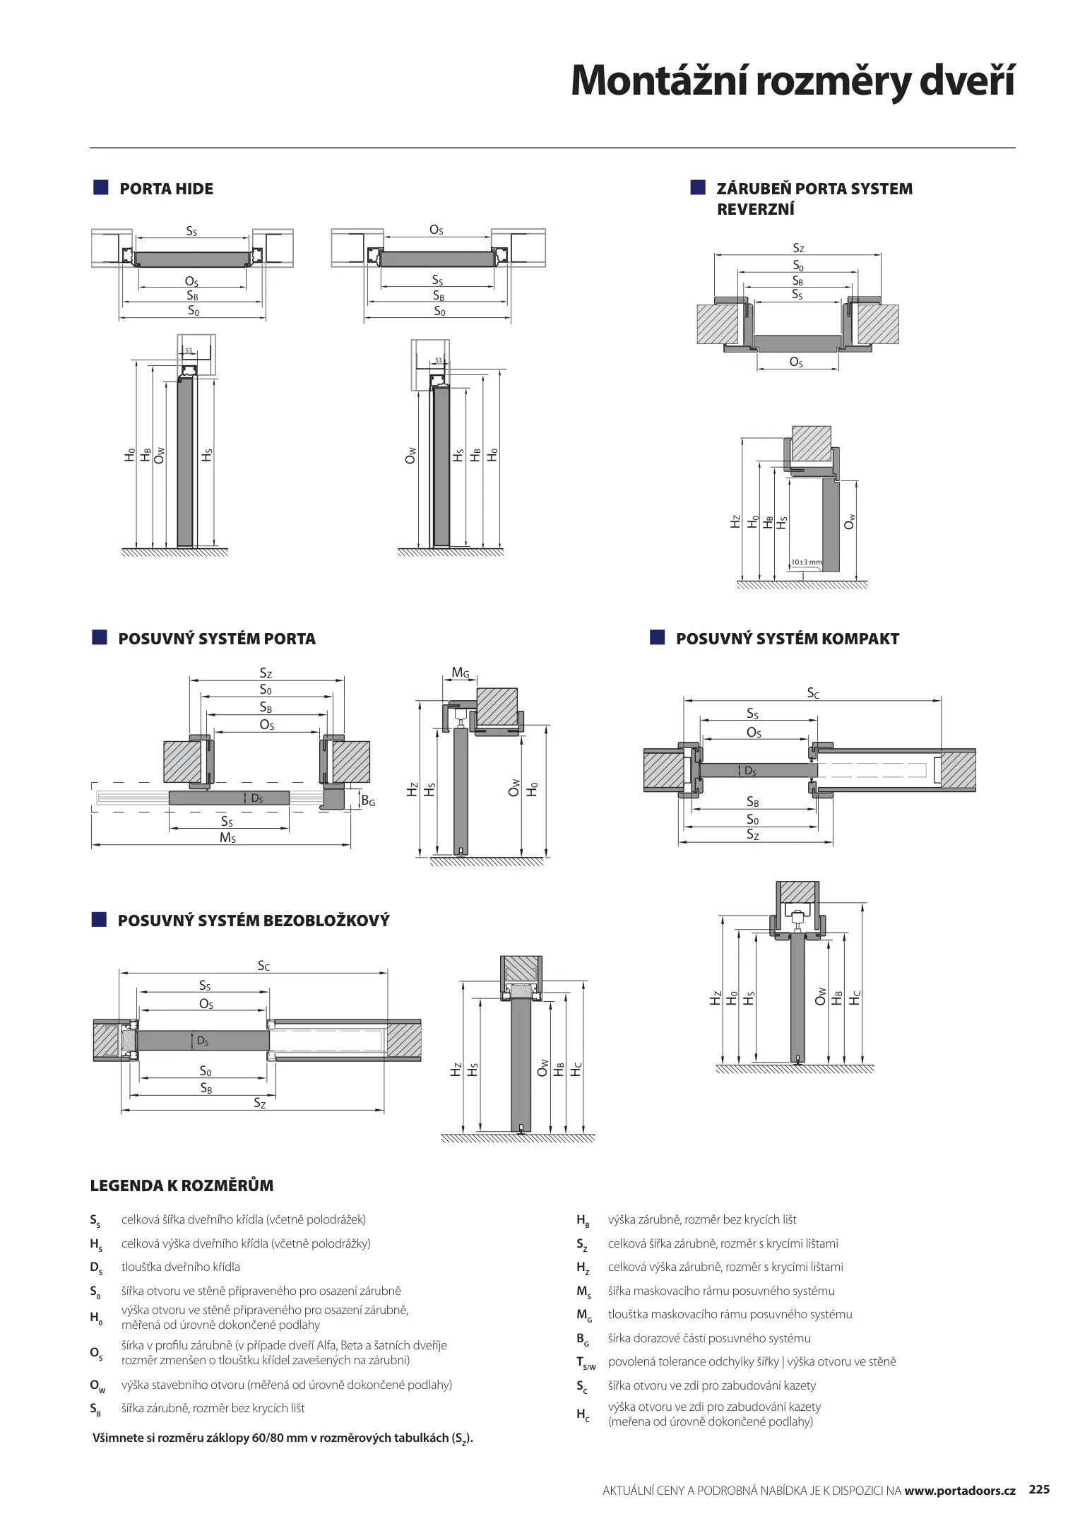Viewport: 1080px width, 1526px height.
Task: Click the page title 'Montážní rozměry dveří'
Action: tap(792, 81)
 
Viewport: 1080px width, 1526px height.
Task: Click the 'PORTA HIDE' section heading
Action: tap(166, 189)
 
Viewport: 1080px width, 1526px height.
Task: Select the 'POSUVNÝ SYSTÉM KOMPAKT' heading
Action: tap(787, 639)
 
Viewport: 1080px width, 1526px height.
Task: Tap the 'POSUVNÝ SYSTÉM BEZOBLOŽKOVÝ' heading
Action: tap(253, 921)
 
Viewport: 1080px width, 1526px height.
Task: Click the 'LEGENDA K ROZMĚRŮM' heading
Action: tap(182, 1185)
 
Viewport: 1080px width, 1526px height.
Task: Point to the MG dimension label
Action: tap(461, 673)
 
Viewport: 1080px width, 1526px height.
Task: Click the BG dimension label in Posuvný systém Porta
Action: tap(367, 801)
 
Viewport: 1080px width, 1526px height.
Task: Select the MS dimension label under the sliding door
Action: tap(227, 838)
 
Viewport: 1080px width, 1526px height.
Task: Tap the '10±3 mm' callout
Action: tap(806, 562)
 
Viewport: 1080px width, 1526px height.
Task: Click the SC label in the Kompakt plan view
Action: tap(813, 694)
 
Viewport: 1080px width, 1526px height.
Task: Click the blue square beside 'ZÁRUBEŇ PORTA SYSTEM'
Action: tap(698, 187)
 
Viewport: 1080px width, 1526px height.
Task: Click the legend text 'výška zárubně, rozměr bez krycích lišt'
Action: tap(701, 1219)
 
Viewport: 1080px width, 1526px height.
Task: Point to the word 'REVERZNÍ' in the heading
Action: tap(755, 210)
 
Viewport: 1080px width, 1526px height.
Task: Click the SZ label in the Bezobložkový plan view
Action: tap(260, 1104)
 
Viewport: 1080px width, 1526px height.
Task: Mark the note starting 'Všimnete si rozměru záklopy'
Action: tap(283, 1438)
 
